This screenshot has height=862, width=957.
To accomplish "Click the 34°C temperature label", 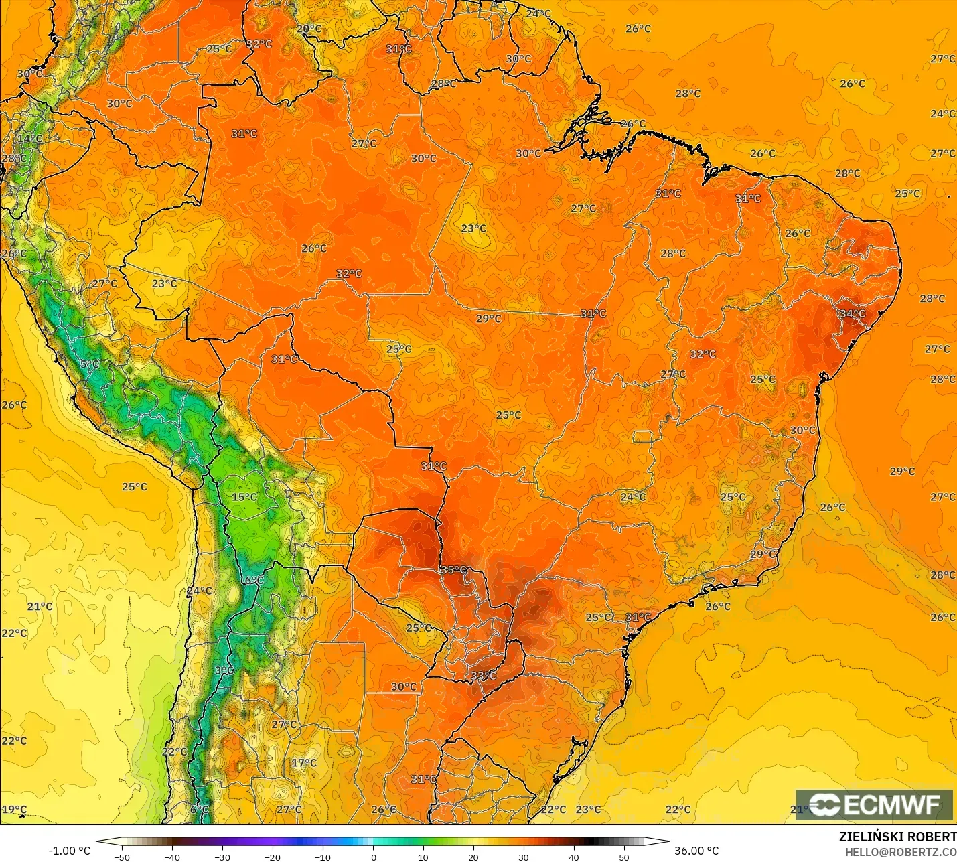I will (853, 313).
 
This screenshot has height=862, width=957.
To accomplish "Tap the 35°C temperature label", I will (453, 570).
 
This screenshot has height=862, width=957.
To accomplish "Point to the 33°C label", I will (484, 676).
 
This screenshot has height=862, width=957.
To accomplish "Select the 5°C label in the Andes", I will (90, 364).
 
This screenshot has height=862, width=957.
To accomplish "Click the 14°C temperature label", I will (30, 139).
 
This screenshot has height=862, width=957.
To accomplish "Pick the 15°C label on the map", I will (244, 497).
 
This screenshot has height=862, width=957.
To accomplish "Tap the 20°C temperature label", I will (309, 29).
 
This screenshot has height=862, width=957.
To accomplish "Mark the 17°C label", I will (304, 763).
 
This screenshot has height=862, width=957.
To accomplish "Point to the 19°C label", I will (14, 810).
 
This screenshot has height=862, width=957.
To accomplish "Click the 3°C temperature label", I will (224, 670).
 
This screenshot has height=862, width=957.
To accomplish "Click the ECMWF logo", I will (874, 805).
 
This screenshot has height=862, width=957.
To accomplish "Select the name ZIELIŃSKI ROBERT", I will (897, 837).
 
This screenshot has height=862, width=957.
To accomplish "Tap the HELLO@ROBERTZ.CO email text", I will (900, 852).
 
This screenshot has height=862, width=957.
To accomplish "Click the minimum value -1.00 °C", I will (69, 851).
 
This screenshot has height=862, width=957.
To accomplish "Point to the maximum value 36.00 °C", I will (696, 851).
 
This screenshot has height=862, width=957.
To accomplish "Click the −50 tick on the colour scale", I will (122, 857).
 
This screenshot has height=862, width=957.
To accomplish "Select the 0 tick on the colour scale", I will (373, 857).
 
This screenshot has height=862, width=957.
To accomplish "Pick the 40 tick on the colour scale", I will (574, 857).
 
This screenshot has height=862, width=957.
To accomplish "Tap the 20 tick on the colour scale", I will (473, 857).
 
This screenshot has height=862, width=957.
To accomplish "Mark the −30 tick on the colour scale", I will (222, 857).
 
